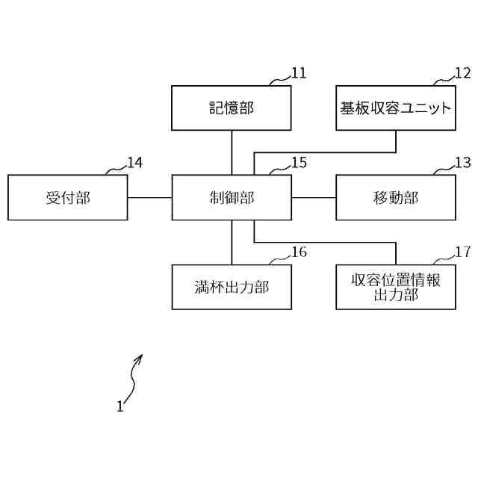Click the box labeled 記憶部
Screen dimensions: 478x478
(232, 108)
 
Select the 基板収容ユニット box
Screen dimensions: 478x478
(396, 108)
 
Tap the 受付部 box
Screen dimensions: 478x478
(67, 198)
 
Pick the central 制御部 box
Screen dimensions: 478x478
(232, 198)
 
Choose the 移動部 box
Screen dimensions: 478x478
(396, 198)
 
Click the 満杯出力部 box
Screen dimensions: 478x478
(232, 287)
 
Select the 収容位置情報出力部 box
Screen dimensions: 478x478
(396, 287)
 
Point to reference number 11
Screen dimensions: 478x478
(299, 73)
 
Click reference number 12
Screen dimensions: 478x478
(463, 73)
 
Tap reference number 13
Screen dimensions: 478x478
(463, 163)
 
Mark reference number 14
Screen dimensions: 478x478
(134, 163)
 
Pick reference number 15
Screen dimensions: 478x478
(299, 163)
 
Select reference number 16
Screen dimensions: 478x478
(299, 252)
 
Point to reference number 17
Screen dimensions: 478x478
(463, 252)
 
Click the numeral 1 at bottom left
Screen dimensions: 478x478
(119, 407)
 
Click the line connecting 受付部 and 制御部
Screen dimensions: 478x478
(149, 198)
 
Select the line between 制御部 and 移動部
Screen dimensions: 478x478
(314, 198)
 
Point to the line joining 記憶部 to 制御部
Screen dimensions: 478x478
(232, 153)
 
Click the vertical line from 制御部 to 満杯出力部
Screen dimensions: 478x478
(232, 243)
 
